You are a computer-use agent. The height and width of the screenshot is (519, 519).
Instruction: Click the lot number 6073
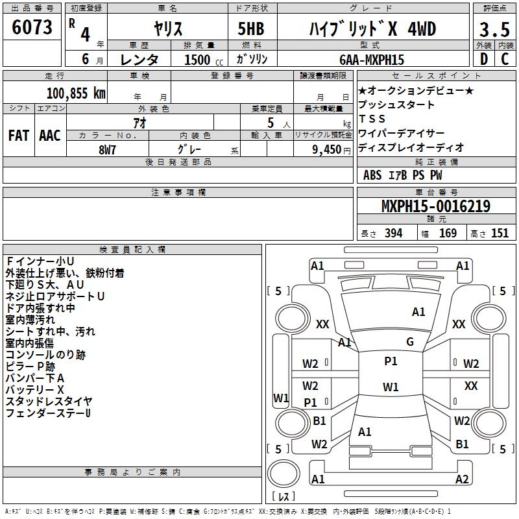coord(32,27)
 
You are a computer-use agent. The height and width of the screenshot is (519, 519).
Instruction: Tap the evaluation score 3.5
coord(494,29)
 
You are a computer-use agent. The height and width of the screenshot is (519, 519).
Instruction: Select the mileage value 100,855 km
coord(76,93)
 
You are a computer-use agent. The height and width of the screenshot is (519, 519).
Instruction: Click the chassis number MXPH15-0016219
coord(436,206)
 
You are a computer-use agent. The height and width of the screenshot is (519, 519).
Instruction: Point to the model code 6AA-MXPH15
coord(372,60)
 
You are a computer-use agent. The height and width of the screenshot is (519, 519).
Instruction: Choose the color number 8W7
coord(107,150)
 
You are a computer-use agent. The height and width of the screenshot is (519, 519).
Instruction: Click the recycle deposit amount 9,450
coord(327,150)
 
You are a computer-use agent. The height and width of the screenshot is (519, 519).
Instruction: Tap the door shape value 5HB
coord(251,29)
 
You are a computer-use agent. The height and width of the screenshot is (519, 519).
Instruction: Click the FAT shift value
coord(19,136)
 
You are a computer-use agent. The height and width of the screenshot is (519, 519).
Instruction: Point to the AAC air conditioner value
coord(50,136)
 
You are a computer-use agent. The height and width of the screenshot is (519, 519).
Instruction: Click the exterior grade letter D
coord(484,59)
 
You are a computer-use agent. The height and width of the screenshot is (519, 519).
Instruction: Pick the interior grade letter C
coord(505,59)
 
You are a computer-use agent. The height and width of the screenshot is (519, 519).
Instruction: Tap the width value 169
coord(448,234)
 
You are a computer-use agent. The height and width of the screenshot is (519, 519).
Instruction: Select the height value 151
coord(500,234)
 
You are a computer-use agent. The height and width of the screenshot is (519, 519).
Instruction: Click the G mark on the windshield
coord(410,342)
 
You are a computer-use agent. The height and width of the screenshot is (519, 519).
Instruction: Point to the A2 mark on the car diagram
coord(462,479)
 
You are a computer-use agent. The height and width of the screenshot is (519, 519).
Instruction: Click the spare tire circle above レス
coord(284,474)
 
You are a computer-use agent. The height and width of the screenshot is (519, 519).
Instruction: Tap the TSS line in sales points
coord(372,119)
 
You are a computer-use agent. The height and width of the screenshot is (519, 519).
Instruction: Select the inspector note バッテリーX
coord(35,390)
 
